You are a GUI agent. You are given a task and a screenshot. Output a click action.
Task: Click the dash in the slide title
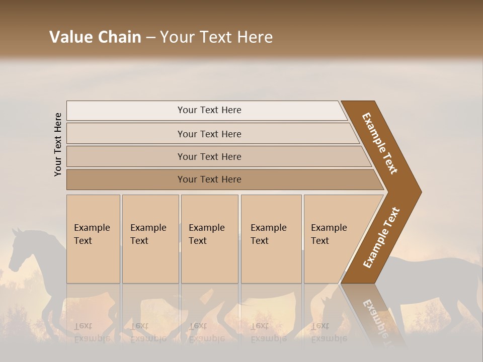pyautogui.click(x=150, y=38)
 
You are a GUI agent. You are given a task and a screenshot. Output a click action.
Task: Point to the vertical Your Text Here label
pyautogui.click(x=58, y=144)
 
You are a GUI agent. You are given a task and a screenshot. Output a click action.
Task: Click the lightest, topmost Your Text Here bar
pyautogui.click(x=209, y=110)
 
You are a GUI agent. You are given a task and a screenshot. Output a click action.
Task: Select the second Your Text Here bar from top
pyautogui.click(x=209, y=134)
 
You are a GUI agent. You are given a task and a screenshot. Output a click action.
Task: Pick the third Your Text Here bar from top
pyautogui.click(x=209, y=156)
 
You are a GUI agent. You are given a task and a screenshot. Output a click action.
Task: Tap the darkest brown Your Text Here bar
pyautogui.click(x=209, y=179)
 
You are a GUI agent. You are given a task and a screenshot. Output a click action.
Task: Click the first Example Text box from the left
pyautogui.click(x=93, y=239)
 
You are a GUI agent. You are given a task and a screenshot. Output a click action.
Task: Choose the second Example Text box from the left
pyautogui.click(x=150, y=239)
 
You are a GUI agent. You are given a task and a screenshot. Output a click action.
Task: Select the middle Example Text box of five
pyautogui.click(x=209, y=239)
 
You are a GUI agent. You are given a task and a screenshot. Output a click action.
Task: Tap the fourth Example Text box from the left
pyautogui.click(x=271, y=239)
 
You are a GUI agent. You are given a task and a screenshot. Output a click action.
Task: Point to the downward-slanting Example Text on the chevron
pyautogui.click(x=380, y=143)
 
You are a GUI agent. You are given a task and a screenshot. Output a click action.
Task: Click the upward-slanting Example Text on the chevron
pyautogui.click(x=381, y=238)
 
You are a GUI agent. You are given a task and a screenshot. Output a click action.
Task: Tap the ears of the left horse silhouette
pyautogui.click(x=19, y=231)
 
